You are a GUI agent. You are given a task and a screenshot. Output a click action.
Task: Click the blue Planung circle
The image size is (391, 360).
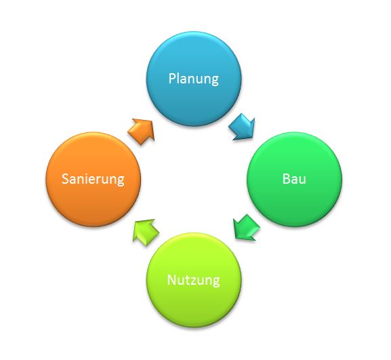click(x=194, y=79)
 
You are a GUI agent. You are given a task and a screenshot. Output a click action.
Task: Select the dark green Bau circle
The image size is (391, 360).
click(x=294, y=180)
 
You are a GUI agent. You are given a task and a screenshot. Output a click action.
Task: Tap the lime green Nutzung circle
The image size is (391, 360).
click(x=194, y=280)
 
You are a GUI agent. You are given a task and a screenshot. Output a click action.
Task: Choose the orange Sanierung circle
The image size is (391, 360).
click(x=94, y=180)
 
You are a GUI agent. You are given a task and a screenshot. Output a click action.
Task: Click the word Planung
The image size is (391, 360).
click(x=194, y=79)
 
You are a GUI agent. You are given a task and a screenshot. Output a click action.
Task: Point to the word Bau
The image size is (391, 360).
click(x=294, y=179)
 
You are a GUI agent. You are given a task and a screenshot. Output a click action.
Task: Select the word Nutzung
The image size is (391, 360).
click(x=194, y=281)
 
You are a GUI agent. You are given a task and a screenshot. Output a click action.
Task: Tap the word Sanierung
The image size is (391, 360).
click(x=93, y=180)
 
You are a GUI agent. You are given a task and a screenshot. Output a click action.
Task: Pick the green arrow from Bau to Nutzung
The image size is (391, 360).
click(x=246, y=228)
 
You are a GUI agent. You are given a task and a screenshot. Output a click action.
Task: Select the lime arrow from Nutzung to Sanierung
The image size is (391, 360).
click(x=145, y=231)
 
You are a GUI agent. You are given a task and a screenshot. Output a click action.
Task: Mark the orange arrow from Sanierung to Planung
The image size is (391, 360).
click(x=142, y=131)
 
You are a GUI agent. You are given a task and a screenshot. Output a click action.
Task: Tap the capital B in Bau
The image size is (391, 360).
click(x=286, y=179)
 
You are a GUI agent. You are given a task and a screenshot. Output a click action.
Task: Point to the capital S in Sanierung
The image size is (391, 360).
click(x=65, y=179)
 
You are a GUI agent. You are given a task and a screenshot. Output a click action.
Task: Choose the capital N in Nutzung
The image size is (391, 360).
click(x=171, y=280)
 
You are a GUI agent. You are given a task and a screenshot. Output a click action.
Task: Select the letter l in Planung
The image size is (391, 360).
click(x=179, y=78)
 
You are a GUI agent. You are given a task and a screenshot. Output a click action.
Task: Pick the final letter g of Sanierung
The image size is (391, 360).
click(x=121, y=181)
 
